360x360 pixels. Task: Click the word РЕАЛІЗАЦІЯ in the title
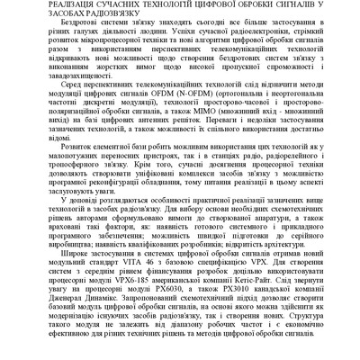[43, 6]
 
